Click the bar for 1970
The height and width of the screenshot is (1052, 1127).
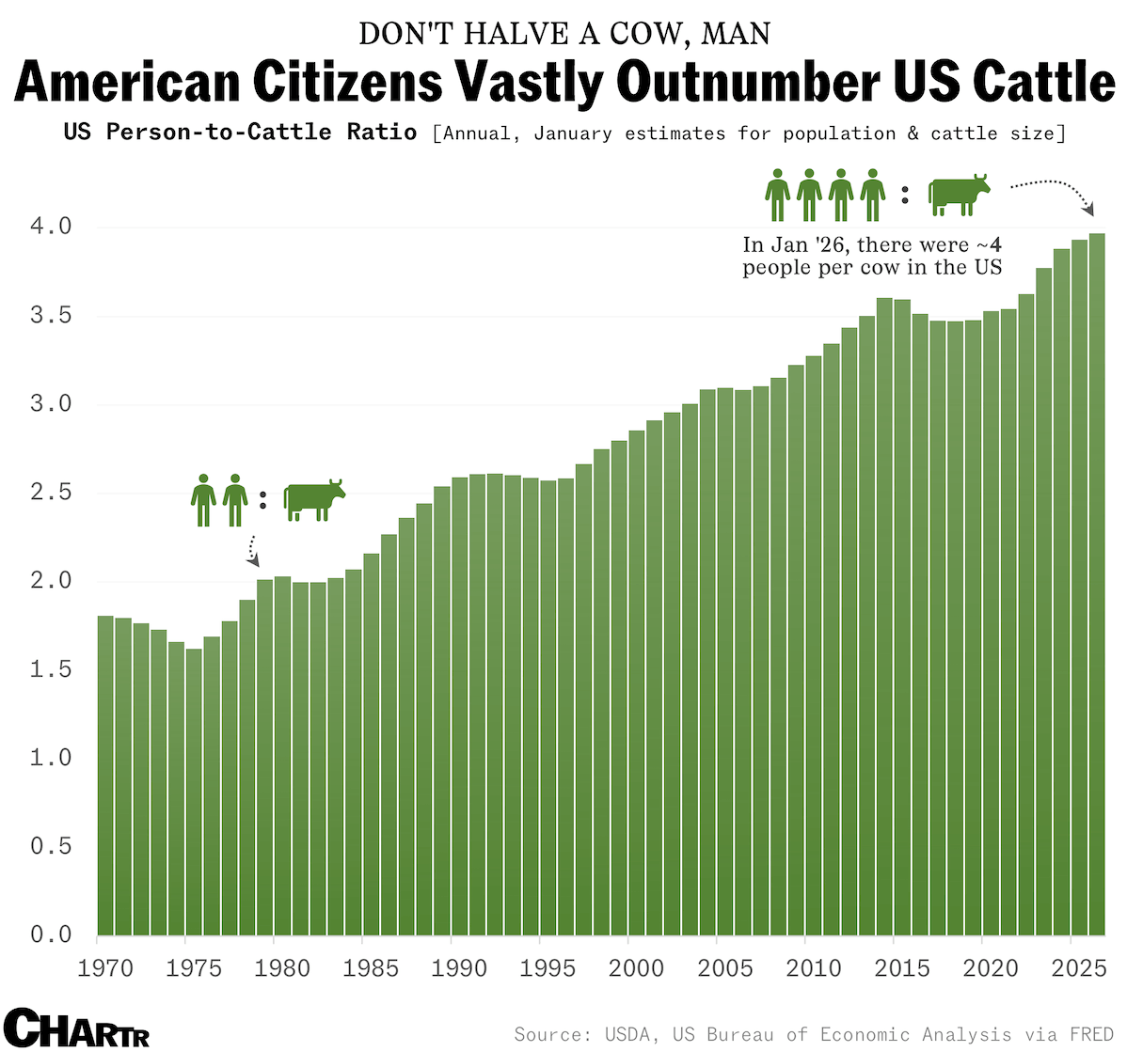point(105,776)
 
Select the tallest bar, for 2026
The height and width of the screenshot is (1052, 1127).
point(1097,583)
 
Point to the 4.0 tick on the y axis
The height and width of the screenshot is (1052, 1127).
point(51,227)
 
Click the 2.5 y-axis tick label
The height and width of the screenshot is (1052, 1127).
point(51,493)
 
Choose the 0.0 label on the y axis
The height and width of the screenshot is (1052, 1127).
point(51,934)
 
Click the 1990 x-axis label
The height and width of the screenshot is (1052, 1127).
point(459,968)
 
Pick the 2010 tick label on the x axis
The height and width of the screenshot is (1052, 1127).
point(814,968)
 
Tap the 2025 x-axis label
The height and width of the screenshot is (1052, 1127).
point(1079,968)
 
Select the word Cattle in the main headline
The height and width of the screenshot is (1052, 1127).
point(1044,82)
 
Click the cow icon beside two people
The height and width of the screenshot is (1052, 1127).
point(314,499)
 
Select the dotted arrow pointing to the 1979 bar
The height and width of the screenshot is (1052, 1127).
point(252,551)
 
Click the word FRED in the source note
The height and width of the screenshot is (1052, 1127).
point(1091,1035)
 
